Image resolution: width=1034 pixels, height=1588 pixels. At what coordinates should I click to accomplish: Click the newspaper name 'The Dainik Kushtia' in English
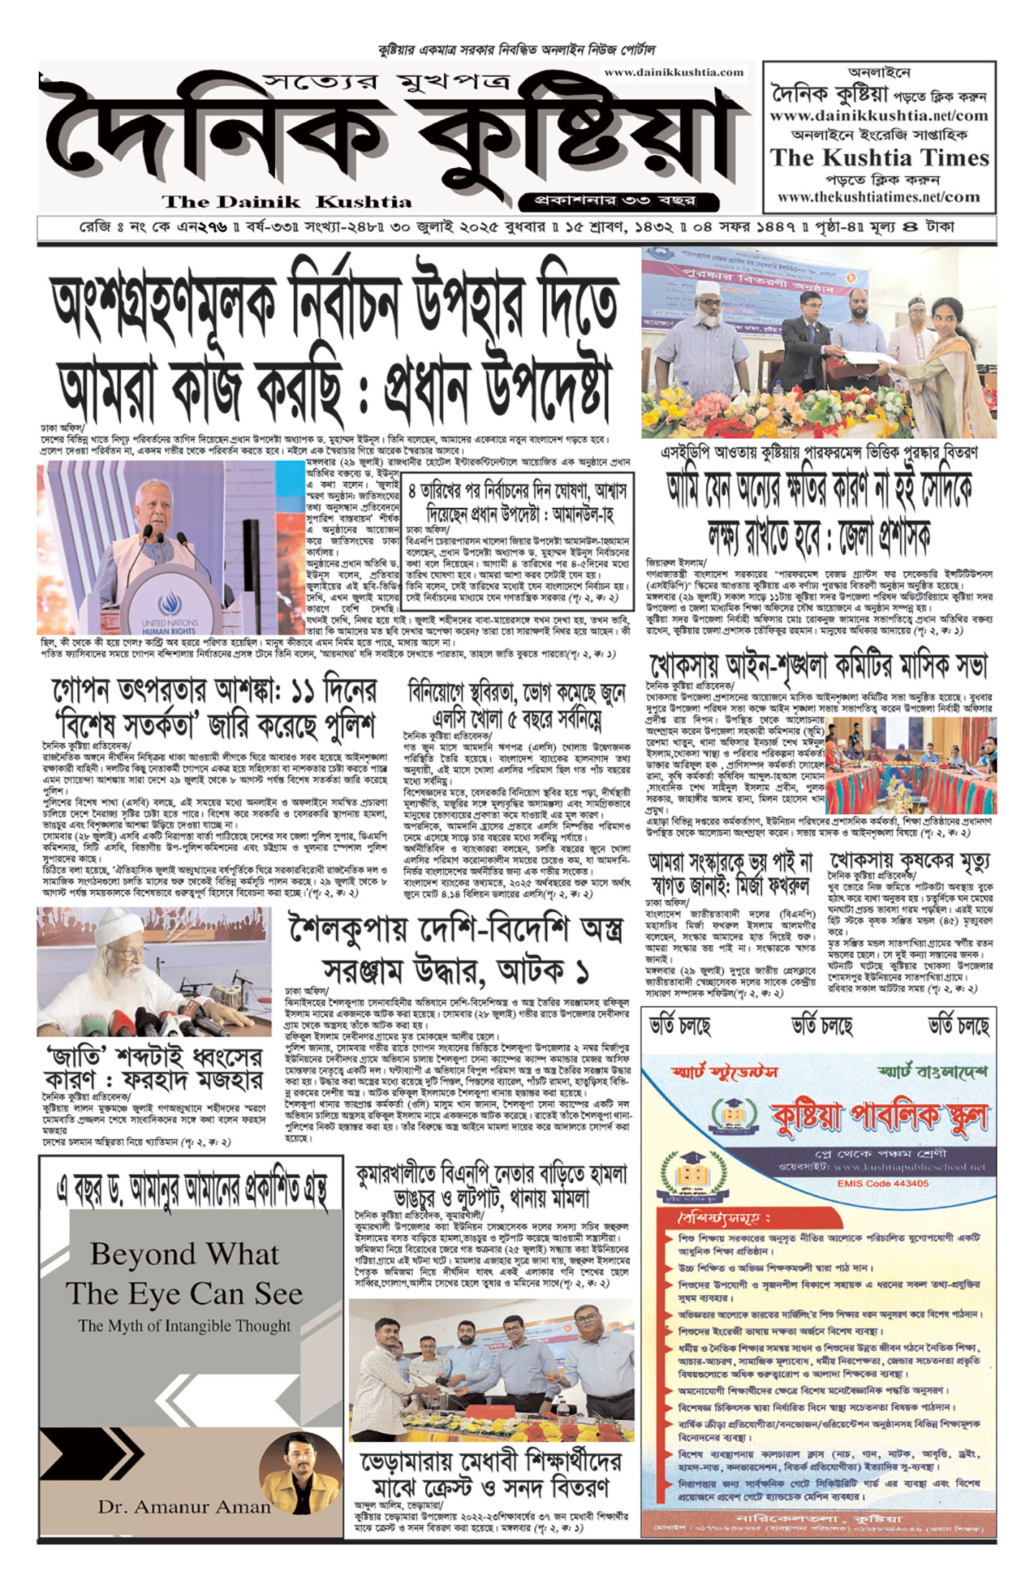(x=287, y=201)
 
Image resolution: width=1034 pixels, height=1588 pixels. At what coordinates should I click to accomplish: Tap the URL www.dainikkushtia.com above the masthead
(x=674, y=72)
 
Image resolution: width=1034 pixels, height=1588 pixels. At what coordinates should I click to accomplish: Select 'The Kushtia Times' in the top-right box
(x=879, y=157)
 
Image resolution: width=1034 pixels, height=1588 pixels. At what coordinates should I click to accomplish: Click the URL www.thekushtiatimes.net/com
(x=879, y=197)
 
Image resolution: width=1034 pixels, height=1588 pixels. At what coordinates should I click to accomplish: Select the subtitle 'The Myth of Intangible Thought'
(x=185, y=1326)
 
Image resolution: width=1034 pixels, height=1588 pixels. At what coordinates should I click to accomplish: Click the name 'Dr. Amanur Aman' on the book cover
(x=184, y=1507)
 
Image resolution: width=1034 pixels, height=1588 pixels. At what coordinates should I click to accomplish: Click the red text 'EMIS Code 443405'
(x=882, y=1183)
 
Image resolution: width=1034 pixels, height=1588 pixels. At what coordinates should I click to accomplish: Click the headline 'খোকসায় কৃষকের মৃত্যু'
(x=910, y=860)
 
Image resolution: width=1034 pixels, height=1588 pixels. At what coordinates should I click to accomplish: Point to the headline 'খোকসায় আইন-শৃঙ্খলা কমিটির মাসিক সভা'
(x=819, y=667)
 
